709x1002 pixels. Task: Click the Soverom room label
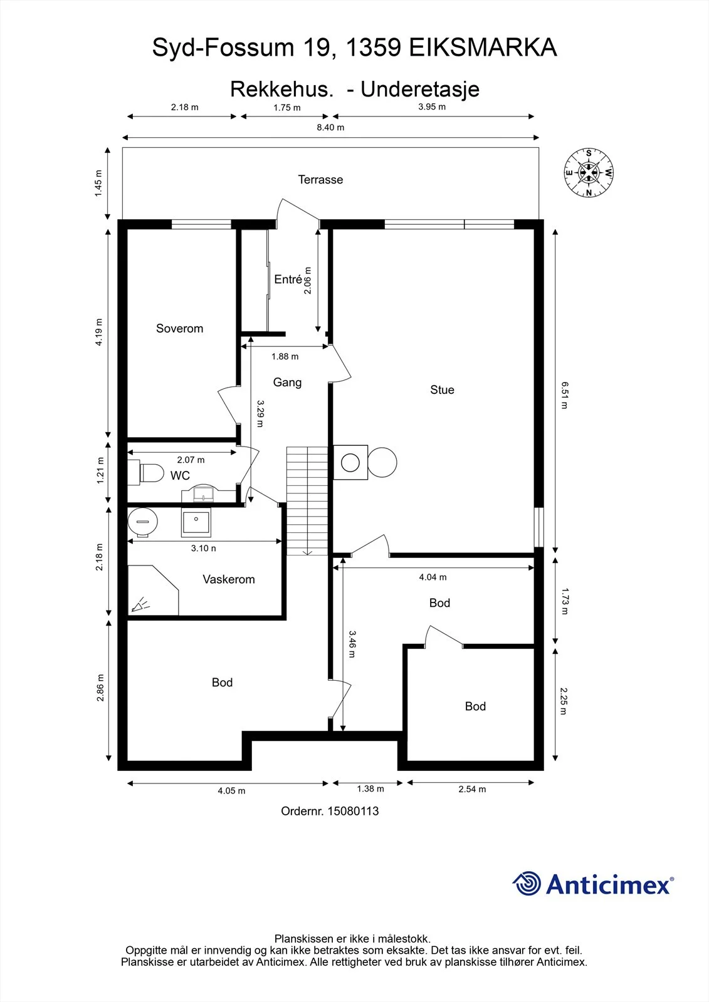179,328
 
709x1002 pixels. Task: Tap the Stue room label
442,390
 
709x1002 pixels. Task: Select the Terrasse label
321,179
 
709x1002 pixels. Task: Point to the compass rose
589,172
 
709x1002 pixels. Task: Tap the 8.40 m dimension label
330,127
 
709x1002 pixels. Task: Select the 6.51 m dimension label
564,395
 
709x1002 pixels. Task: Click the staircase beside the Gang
307,501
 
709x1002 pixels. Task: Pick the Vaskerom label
228,579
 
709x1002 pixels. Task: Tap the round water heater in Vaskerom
143,522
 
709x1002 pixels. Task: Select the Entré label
288,279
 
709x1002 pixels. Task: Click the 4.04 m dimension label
433,577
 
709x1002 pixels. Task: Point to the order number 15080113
330,811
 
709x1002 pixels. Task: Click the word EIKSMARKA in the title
483,48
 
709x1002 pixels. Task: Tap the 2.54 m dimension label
472,789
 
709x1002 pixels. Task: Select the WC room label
180,475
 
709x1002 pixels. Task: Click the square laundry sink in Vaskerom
196,522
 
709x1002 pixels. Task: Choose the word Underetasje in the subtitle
420,89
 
